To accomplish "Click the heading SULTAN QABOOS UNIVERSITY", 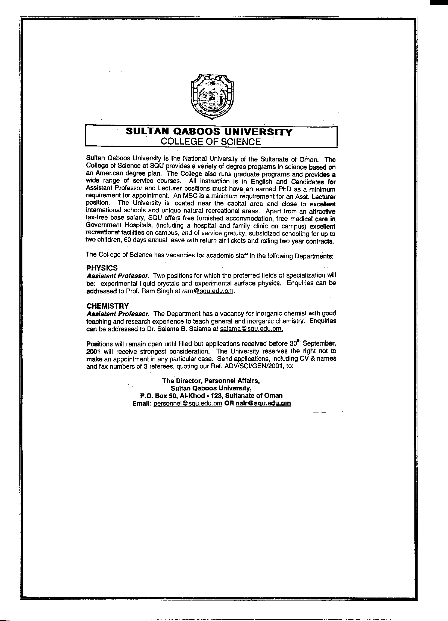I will click(209, 132).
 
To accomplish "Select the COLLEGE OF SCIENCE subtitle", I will click(211, 142).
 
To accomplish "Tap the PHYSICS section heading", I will click(102, 267).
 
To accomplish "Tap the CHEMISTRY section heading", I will click(107, 305).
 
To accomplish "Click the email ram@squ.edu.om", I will click(208, 291).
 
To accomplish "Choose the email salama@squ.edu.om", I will click(251, 329).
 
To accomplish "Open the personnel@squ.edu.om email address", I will click(188, 403).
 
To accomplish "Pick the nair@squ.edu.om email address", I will click(263, 403).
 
